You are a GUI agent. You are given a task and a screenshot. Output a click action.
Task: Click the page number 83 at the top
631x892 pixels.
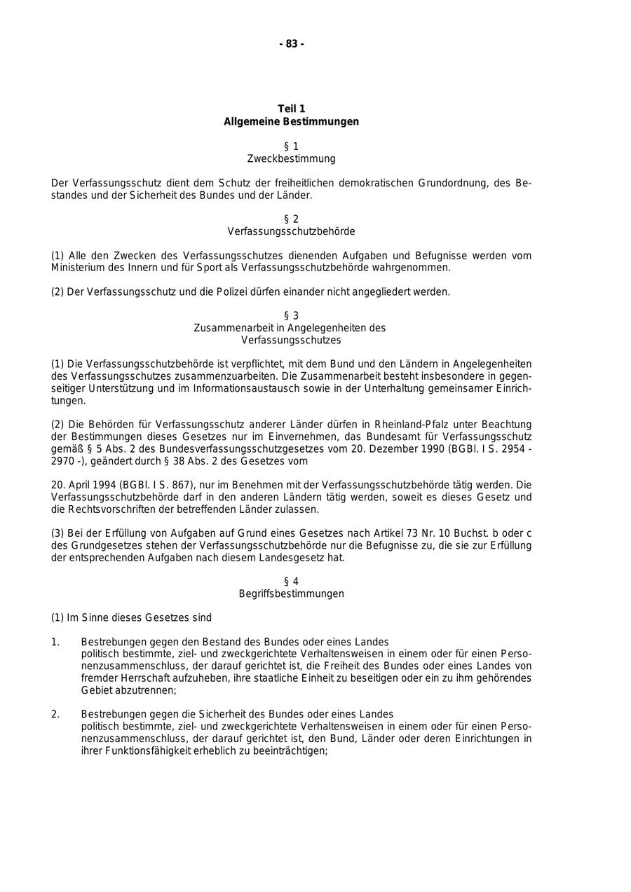(292, 44)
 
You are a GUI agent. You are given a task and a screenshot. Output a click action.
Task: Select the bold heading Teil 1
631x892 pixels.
(292, 109)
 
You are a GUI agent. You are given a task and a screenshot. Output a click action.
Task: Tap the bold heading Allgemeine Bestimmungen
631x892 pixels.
(292, 122)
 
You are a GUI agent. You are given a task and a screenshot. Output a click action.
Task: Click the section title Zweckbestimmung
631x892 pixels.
(292, 159)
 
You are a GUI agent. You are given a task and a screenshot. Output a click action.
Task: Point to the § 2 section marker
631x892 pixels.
(292, 219)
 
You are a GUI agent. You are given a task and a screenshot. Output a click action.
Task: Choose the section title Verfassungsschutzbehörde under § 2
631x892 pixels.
(292, 232)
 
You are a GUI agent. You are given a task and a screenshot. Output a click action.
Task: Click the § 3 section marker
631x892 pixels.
(292, 316)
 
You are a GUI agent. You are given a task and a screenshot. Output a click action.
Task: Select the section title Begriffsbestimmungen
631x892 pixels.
(292, 594)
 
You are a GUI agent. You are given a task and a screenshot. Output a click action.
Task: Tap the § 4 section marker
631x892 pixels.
(292, 582)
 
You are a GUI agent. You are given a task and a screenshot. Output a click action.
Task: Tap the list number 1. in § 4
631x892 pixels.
(55, 642)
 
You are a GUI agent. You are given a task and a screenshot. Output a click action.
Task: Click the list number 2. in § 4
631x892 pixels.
(55, 715)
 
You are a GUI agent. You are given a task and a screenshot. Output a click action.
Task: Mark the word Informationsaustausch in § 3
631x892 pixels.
(245, 389)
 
